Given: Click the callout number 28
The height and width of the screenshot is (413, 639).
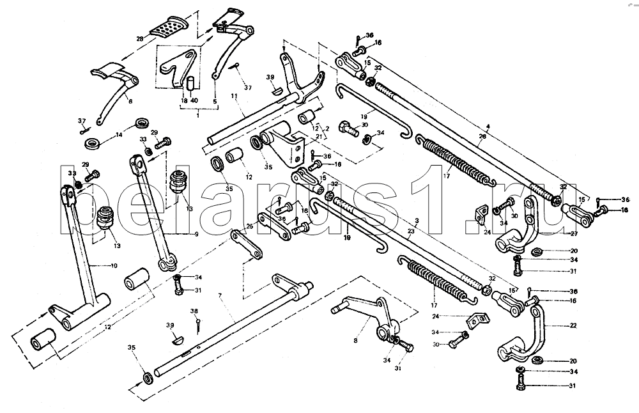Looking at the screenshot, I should pyautogui.click(x=140, y=40).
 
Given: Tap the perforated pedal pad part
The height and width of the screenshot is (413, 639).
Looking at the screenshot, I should pyautogui.click(x=167, y=28).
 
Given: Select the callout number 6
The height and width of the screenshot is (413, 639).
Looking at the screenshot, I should pyautogui.click(x=129, y=100).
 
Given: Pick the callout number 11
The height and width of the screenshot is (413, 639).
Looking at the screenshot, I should pyautogui.click(x=233, y=95).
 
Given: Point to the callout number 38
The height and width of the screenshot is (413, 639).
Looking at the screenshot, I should pyautogui.click(x=194, y=311).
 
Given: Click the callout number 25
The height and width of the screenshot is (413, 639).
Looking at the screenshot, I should pyautogui.click(x=250, y=226).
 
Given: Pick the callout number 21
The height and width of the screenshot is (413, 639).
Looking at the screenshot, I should pyautogui.click(x=320, y=137).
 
